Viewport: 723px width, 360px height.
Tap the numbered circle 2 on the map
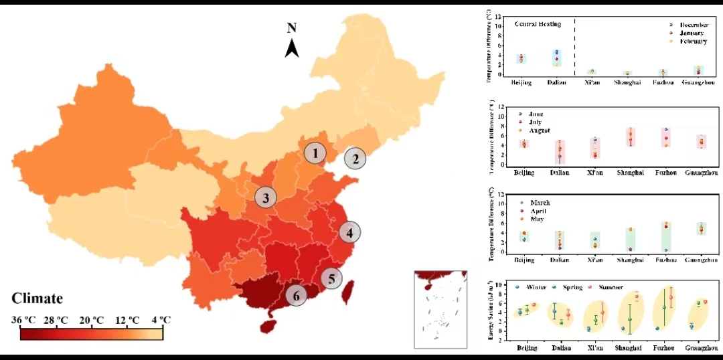pos(355,159)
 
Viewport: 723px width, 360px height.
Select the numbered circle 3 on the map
pos(266,197)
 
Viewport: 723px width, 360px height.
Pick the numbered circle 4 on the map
pos(349,233)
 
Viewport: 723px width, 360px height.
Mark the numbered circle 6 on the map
pos(297,294)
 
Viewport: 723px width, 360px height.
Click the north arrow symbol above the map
pos(292,48)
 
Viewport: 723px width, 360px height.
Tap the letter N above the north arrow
pos(292,28)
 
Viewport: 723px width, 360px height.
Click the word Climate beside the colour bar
pos(37,298)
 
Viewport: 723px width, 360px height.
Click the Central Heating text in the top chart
pos(538,24)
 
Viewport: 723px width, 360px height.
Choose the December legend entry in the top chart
pos(694,25)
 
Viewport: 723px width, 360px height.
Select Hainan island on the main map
pos(268,326)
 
